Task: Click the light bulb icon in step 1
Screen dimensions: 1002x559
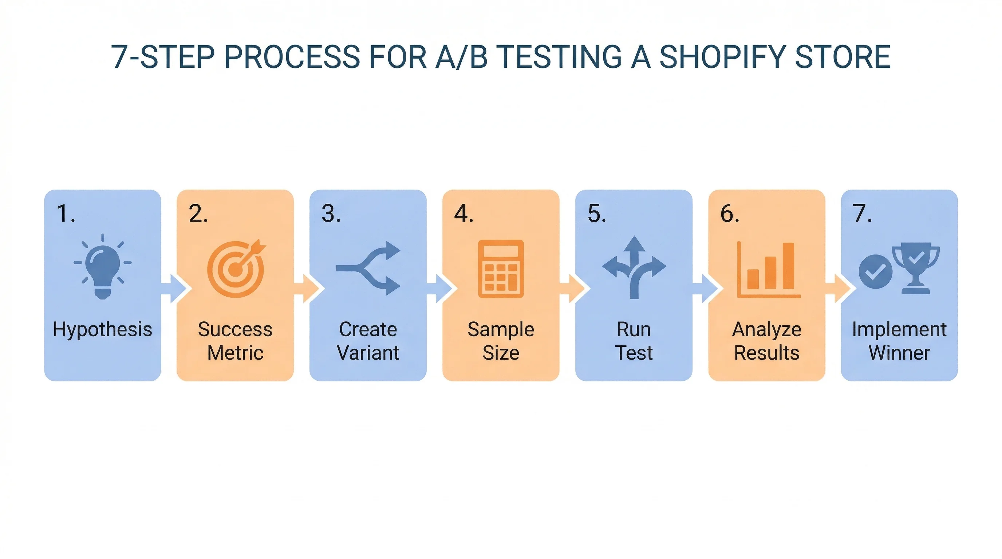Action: click(x=103, y=268)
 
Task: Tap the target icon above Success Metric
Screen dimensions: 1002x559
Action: click(x=236, y=269)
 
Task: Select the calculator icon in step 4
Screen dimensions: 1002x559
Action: click(x=501, y=269)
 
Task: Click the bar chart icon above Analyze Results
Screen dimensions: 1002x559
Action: click(x=769, y=270)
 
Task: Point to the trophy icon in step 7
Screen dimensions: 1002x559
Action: click(x=916, y=268)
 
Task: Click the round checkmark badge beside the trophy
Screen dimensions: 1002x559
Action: click(x=876, y=272)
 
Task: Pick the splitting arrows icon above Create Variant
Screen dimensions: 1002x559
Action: click(x=368, y=268)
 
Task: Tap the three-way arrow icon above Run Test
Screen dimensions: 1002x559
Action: click(x=634, y=267)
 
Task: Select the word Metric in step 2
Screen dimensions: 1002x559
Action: click(x=235, y=353)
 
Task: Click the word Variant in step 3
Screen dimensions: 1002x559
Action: click(x=368, y=353)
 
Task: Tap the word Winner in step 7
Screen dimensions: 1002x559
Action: click(x=899, y=353)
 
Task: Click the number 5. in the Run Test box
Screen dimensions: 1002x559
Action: click(x=597, y=214)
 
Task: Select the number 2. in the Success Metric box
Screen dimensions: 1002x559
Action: click(x=198, y=214)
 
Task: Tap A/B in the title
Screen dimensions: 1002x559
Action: click(x=461, y=57)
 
